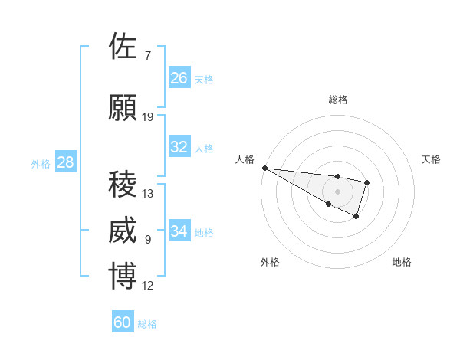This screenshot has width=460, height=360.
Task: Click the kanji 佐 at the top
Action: tap(123, 47)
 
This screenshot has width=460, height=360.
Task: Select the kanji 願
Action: tap(123, 109)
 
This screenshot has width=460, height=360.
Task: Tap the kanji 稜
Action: tap(123, 185)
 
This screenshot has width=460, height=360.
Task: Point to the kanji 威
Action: tap(123, 231)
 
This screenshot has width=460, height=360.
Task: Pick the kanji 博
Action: tap(123, 277)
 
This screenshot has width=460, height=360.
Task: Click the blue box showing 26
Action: tap(179, 78)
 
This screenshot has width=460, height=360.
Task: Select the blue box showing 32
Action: tap(179, 147)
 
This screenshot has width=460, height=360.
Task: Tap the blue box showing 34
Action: tap(179, 231)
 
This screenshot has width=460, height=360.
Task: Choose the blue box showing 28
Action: tap(65, 162)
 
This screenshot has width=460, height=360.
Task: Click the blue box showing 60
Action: tap(123, 322)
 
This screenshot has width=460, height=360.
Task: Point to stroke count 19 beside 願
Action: tap(148, 117)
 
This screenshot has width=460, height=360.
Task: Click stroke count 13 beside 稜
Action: tap(148, 194)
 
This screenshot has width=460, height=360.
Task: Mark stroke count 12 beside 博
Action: tap(148, 286)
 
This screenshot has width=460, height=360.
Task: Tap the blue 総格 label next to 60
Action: tap(147, 324)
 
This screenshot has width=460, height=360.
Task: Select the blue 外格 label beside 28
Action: tap(40, 164)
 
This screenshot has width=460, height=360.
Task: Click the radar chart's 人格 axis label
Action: tap(245, 159)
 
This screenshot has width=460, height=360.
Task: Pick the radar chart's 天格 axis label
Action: tap(431, 159)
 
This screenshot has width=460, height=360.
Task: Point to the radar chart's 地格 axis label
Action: tap(402, 262)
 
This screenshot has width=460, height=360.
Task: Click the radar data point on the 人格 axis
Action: tap(264, 168)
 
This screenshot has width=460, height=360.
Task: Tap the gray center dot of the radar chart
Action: tap(337, 191)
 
